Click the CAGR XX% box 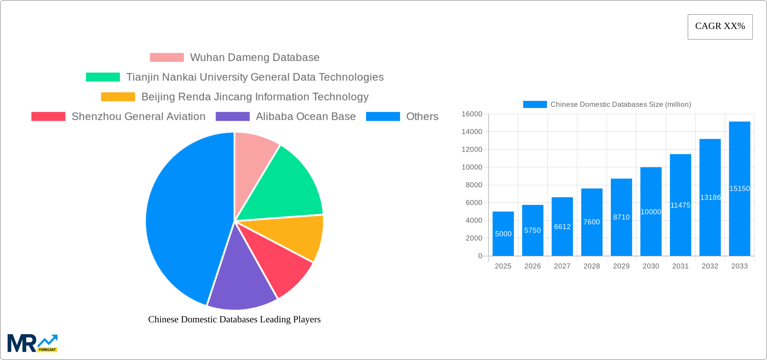(720, 27)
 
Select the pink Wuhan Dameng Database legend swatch (167, 58)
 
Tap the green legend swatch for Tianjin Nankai (103, 77)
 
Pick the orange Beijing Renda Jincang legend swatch (118, 97)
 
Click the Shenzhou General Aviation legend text (138, 116)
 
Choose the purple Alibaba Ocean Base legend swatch (232, 116)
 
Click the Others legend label (422, 116)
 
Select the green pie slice (286, 188)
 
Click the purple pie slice (241, 283)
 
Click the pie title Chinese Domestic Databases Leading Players (234, 319)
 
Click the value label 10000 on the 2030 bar (651, 212)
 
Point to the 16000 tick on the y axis (472, 114)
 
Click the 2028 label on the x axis (591, 266)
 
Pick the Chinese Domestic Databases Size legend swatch (535, 105)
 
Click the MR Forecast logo (33, 343)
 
